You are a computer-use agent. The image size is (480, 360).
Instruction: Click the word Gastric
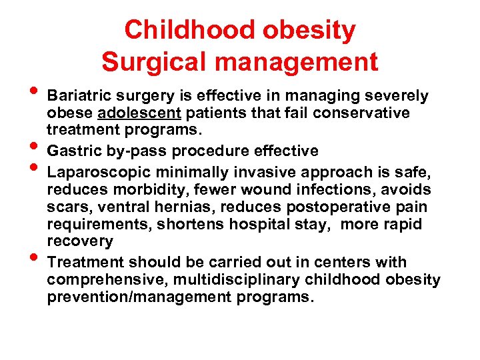coord(73,151)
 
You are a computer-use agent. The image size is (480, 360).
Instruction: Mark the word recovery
coord(80,241)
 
